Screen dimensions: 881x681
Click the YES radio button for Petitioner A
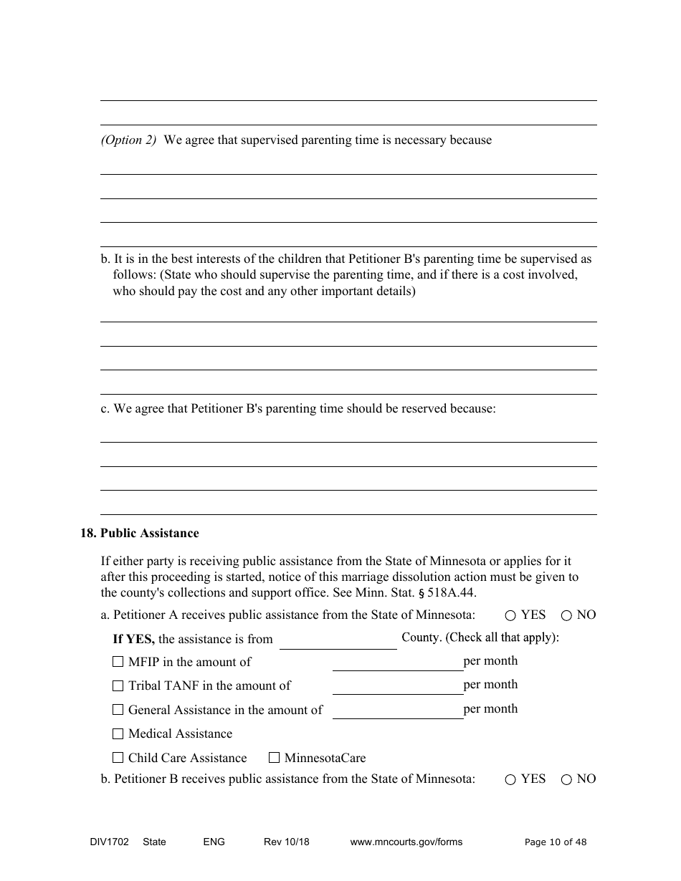click(x=510, y=615)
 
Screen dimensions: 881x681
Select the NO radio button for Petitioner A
click(x=566, y=615)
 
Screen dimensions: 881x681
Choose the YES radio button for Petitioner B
click(x=510, y=780)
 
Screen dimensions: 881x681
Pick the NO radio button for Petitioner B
click(x=566, y=780)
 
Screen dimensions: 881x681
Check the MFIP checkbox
click(x=118, y=662)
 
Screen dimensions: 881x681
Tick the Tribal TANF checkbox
click(x=118, y=686)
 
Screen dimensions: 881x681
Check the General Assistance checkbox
click(x=118, y=710)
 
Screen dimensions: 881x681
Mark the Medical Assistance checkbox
click(x=118, y=733)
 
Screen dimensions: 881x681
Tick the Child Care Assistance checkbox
click(x=118, y=758)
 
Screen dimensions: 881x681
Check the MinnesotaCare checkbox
click(x=274, y=758)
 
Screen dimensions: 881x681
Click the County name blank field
click(x=338, y=640)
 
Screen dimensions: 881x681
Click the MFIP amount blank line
click(x=397, y=663)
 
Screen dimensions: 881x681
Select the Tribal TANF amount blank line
click(x=397, y=686)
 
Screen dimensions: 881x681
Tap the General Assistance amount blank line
click(x=397, y=711)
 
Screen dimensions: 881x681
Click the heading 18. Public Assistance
click(x=140, y=533)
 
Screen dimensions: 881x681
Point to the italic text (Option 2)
click(x=128, y=140)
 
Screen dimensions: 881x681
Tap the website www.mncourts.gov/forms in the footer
click(x=406, y=842)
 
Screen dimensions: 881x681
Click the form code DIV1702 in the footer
click(x=105, y=842)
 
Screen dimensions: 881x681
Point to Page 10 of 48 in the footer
click(x=556, y=842)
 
